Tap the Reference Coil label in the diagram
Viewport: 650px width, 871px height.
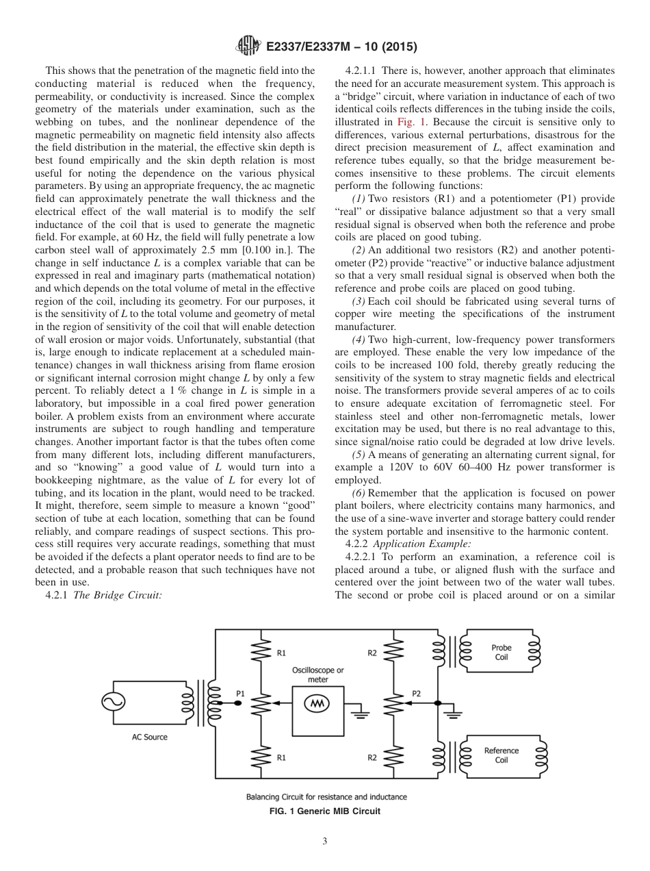pyautogui.click(x=501, y=755)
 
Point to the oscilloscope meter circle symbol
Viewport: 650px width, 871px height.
pyautogui.click(x=317, y=703)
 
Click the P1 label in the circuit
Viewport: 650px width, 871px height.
pyautogui.click(x=240, y=693)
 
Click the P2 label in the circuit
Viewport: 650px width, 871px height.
pyautogui.click(x=416, y=693)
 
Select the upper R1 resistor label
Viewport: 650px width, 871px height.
pyautogui.click(x=282, y=653)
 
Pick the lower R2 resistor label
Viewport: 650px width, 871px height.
pyautogui.click(x=372, y=757)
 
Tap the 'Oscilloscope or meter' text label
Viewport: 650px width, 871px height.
pyautogui.click(x=318, y=674)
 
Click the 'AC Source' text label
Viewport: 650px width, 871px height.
pyautogui.click(x=150, y=737)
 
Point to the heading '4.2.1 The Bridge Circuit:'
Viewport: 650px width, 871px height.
pyautogui.click(x=103, y=595)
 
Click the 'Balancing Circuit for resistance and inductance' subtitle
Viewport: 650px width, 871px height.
pyautogui.click(x=326, y=796)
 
